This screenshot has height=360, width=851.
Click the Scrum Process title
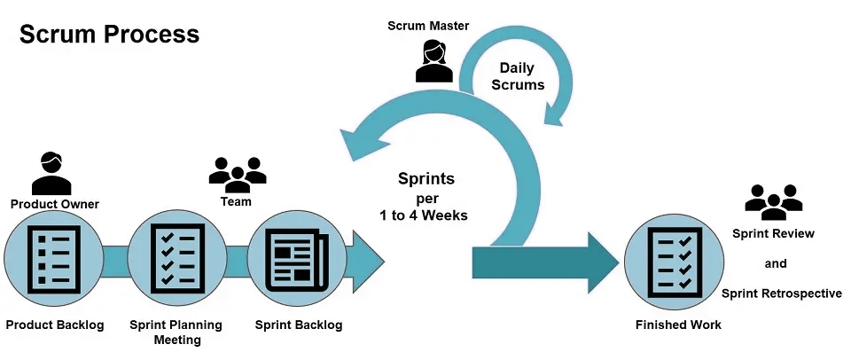(x=109, y=35)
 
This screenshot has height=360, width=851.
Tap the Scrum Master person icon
(x=433, y=61)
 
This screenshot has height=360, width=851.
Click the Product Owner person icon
(x=51, y=173)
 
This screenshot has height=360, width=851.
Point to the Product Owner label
(x=55, y=204)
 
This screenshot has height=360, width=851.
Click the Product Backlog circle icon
(x=54, y=258)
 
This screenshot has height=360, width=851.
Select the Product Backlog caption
(x=55, y=325)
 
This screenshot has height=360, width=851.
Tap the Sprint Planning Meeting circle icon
(x=177, y=258)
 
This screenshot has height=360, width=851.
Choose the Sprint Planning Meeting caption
(x=176, y=333)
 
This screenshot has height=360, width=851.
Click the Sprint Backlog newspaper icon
(x=297, y=258)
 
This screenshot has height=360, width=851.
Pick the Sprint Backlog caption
(x=299, y=325)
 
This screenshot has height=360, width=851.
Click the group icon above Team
(x=238, y=175)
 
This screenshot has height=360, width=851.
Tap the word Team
(x=236, y=201)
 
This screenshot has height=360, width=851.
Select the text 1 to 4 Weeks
(x=424, y=215)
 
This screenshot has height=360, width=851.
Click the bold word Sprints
(x=426, y=178)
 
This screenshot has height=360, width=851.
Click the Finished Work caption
(x=678, y=325)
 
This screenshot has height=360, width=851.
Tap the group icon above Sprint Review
(x=773, y=202)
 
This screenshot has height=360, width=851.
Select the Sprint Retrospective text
(x=782, y=293)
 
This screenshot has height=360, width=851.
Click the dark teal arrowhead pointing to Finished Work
(x=601, y=262)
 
